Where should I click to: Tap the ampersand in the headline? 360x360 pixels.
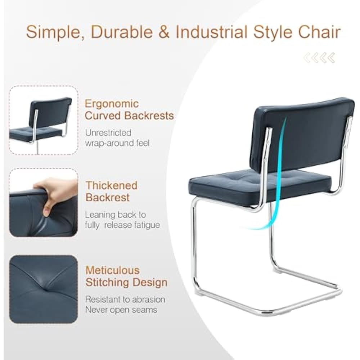[x=164, y=32]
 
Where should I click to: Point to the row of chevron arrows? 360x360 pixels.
[x=319, y=58]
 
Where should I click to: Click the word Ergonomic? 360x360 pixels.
[x=112, y=104]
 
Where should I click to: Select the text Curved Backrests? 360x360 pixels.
[x=129, y=116]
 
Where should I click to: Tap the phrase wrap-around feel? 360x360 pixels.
[x=117, y=143]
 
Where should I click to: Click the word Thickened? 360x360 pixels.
[x=112, y=185]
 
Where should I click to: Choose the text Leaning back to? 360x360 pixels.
[x=116, y=215]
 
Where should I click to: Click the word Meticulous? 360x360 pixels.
[x=112, y=270]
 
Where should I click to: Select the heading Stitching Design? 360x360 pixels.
[x=126, y=282]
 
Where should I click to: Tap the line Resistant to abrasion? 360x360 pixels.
[x=125, y=300]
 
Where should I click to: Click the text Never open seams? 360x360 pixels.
[x=121, y=310]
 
